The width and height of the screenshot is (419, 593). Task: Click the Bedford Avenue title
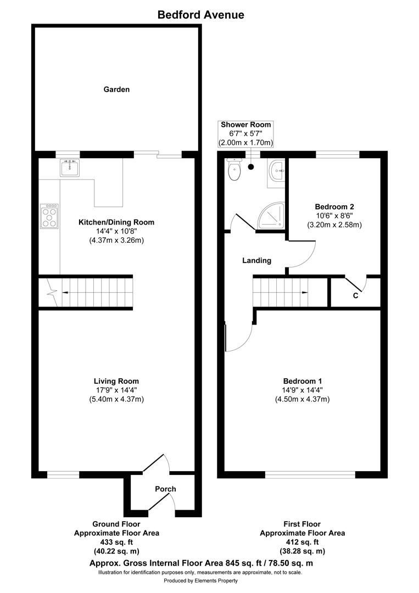point(200,15)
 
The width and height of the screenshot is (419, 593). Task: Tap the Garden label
point(116,89)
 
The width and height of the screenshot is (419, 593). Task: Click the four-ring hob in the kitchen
point(49,216)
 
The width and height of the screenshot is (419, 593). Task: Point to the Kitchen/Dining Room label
point(116,222)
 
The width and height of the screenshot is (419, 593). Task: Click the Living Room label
point(116,381)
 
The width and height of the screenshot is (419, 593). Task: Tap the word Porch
point(165,489)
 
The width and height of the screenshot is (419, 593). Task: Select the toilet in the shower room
point(234,170)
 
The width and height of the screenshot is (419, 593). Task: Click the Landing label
point(257,261)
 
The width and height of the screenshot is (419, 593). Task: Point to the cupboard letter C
point(355,296)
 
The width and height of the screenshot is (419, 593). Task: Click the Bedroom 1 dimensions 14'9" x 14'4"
point(303,390)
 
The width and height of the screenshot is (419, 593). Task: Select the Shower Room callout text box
point(246,133)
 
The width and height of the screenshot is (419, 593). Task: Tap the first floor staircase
point(280,293)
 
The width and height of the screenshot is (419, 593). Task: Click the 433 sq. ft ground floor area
point(116,542)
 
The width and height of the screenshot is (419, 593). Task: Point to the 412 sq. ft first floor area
point(302,542)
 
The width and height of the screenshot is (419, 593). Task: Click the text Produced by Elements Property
point(201,580)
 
